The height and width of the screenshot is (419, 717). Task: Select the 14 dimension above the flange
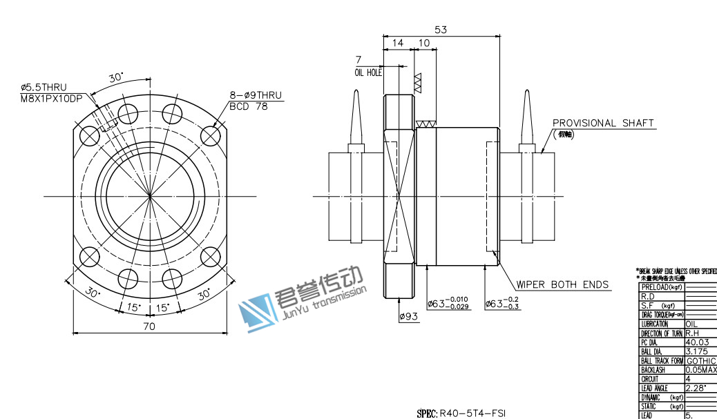point(398,43)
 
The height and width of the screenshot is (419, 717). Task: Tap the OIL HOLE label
point(368,72)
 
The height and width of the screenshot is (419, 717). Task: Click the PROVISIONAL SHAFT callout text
point(603,123)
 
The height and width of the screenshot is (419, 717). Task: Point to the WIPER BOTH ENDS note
point(563,284)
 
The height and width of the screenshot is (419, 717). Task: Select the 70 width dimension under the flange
point(149,327)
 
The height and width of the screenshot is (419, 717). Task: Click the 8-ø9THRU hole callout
point(256,96)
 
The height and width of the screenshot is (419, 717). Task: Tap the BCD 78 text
point(248,106)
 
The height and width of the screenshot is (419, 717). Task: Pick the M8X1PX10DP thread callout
point(52,98)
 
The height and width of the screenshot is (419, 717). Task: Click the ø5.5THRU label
point(44,88)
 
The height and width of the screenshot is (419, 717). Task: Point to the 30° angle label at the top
point(115,78)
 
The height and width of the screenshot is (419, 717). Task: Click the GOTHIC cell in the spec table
point(700,361)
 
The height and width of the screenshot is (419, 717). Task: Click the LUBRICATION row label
point(654,324)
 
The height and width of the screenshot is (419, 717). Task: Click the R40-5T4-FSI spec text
point(467,413)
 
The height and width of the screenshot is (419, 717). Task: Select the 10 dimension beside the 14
point(424,43)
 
